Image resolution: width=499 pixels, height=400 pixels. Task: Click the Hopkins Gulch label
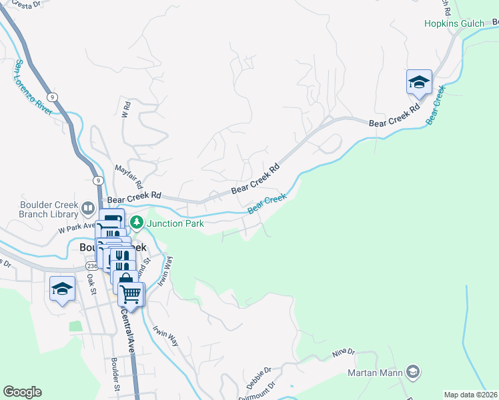point(454,23)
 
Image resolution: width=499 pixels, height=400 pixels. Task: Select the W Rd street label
point(124,109)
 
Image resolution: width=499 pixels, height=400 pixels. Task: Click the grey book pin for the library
point(88,210)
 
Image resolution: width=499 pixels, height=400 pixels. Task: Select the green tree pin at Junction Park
point(136,223)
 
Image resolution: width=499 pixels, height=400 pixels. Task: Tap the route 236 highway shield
point(91,265)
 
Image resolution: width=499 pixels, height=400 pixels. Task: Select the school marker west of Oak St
point(63,289)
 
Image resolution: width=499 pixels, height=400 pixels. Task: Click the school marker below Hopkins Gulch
point(419,83)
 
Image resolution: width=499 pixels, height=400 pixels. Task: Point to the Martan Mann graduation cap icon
point(413,371)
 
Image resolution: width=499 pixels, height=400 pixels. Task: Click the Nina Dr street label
point(344,353)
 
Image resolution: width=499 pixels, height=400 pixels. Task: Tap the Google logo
point(22,392)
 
